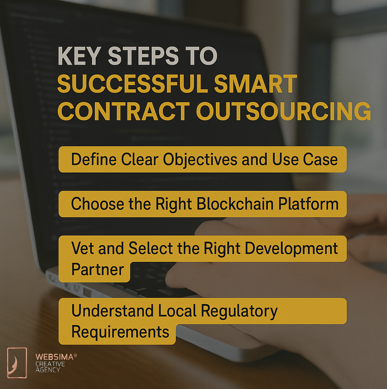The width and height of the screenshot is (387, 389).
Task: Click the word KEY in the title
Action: point(79,56)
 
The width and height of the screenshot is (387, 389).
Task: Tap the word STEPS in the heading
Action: point(143,56)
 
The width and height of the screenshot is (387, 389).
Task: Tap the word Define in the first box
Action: point(94,159)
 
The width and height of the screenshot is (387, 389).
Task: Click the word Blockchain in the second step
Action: point(235,204)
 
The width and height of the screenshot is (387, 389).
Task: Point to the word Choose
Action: point(98,204)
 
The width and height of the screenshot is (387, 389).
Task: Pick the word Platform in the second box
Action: point(308,204)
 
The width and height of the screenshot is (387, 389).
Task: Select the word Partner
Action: point(98,269)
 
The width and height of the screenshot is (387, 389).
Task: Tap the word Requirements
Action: point(120,332)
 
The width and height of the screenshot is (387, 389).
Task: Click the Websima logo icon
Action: point(17,363)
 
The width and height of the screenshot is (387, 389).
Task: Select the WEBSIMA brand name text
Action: point(55,357)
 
